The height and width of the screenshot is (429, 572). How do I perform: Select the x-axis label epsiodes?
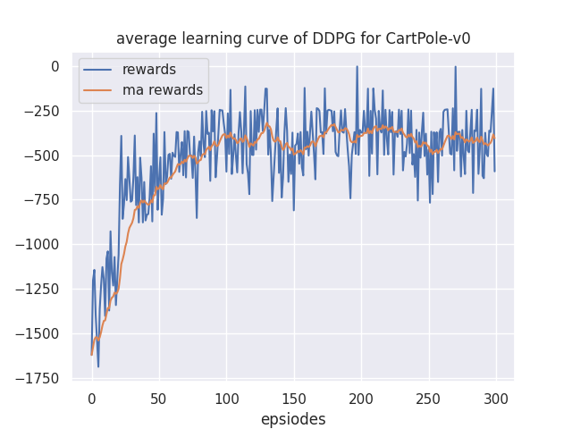293,419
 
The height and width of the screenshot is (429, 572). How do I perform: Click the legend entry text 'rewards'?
149,71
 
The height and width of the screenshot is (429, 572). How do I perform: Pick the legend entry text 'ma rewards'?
163,90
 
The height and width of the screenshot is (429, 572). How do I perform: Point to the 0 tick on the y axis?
55,66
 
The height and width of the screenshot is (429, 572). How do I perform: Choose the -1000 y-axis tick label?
38,245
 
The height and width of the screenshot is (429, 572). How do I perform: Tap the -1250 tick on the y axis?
38,290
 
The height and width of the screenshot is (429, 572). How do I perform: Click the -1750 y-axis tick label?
38,379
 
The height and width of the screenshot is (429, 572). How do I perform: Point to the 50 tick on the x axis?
158,399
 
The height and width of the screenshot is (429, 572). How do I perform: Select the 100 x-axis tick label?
226,399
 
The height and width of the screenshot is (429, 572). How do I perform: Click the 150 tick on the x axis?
293,399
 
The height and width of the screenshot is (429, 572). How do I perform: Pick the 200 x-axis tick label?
361,399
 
